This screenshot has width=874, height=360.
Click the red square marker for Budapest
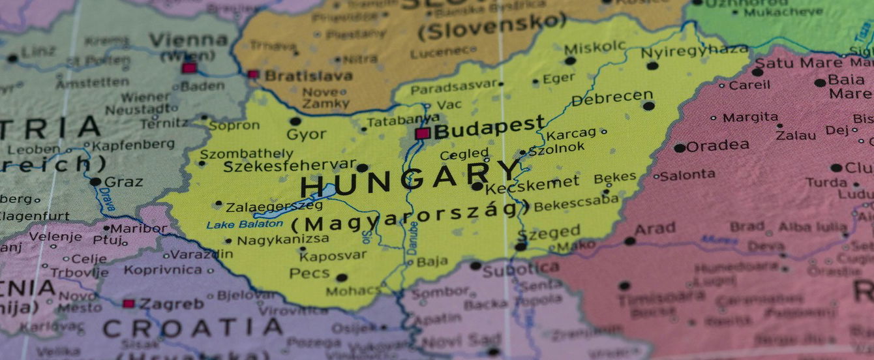click(x=423, y=134)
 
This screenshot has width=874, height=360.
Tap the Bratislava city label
click(x=308, y=76)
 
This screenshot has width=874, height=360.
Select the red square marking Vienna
click(x=189, y=68)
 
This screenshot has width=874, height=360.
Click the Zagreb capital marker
click(x=129, y=303)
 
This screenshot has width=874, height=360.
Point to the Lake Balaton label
click(x=245, y=224)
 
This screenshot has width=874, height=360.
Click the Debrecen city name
click(x=611, y=98)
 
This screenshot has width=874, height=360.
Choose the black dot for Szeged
click(x=520, y=247)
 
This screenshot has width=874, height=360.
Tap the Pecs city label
click(x=309, y=273)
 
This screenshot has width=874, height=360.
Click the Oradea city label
click(x=717, y=146)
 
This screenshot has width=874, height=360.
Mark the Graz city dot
click(x=96, y=182)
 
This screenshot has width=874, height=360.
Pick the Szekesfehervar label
click(x=290, y=166)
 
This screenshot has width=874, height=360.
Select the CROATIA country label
click(x=192, y=327)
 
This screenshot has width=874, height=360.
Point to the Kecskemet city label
click(x=532, y=183)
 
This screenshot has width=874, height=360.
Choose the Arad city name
click(x=655, y=229)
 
